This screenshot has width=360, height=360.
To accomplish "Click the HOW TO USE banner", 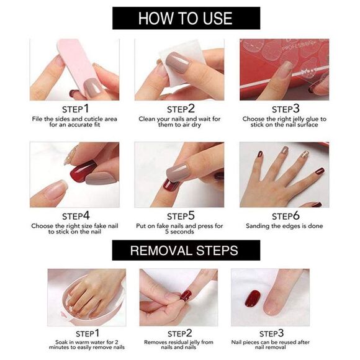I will (186, 17).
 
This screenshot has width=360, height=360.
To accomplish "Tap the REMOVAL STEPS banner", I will (186, 251).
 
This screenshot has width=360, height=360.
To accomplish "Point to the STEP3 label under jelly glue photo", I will (285, 109).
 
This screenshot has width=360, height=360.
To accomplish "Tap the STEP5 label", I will (179, 216).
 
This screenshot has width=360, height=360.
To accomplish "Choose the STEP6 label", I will (285, 216).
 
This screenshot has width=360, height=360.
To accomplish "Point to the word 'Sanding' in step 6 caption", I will (259, 226).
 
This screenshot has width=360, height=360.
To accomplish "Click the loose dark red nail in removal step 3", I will (253, 298).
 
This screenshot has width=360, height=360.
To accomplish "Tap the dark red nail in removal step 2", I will (185, 295).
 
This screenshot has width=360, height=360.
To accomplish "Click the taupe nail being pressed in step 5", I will (179, 171).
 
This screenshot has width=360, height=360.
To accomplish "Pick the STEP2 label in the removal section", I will (179, 333).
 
